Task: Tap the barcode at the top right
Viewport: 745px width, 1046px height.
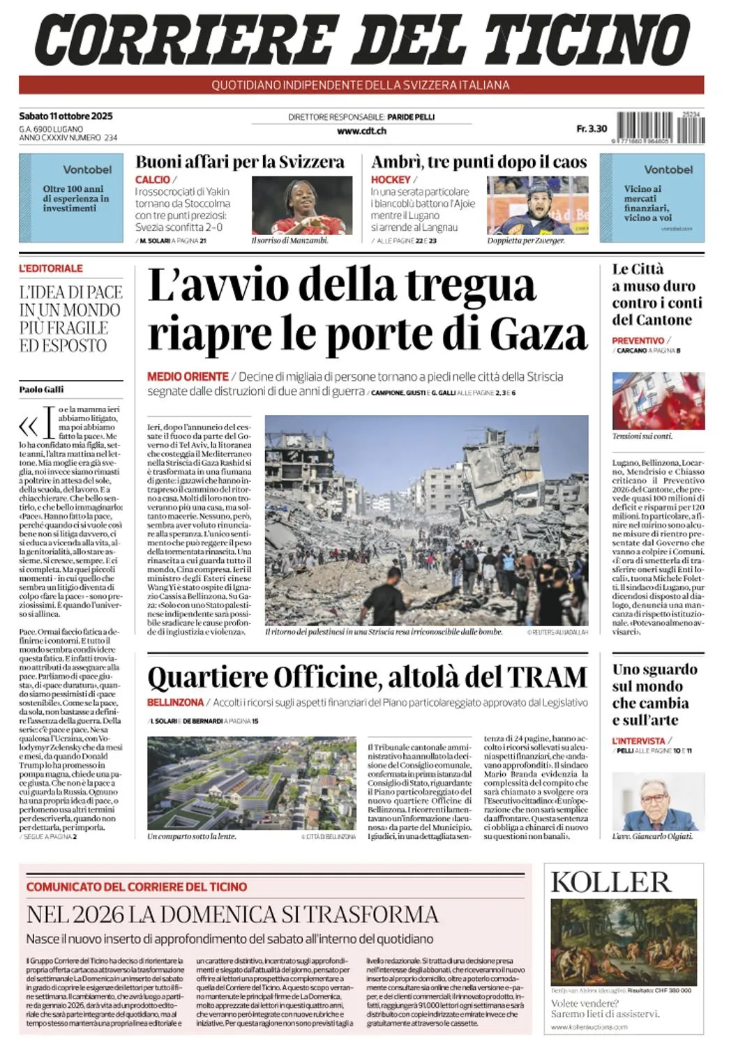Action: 660,128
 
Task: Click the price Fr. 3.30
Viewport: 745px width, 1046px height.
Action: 592,128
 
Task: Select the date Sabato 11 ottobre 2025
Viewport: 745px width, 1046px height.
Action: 66,116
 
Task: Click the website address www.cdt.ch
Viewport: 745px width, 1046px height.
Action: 361,130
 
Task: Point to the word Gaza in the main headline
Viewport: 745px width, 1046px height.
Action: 539,333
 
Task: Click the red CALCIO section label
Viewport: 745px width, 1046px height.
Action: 153,180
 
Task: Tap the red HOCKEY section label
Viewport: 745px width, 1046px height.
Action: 391,180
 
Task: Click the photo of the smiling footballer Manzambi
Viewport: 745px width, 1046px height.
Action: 292,205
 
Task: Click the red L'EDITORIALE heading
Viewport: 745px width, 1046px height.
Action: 51,268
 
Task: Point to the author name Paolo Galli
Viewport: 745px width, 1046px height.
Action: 41,389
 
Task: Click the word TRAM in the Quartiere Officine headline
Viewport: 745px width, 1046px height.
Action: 547,677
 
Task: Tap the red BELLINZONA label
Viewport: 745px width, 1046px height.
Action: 175,702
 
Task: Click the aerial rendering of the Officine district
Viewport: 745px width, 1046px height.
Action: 252,783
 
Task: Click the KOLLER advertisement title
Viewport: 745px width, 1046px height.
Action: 610,882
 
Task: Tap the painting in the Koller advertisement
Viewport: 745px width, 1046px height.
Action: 624,941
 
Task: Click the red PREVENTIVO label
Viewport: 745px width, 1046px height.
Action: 638,340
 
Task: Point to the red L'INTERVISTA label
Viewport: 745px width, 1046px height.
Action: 638,741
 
